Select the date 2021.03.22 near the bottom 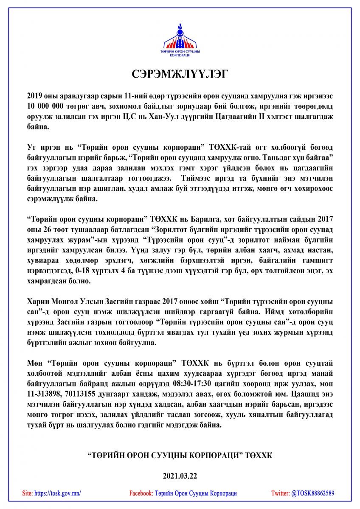[x=180, y=476]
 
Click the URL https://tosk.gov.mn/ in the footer [x=57, y=493]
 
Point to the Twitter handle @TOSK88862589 [x=312, y=493]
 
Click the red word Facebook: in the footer [x=141, y=493]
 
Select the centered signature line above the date [x=180, y=455]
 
